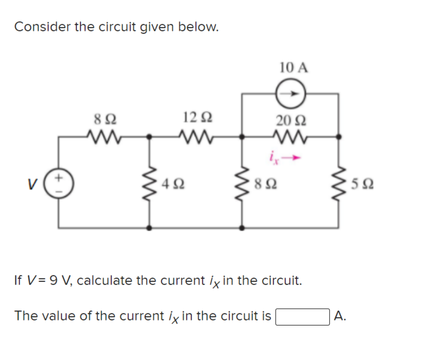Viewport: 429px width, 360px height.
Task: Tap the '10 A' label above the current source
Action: (294, 67)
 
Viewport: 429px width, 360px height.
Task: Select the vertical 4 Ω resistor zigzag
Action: (149, 183)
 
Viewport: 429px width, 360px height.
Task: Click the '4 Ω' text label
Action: (172, 183)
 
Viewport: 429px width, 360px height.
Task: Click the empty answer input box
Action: (303, 315)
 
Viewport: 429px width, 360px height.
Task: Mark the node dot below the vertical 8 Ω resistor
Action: (243, 227)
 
